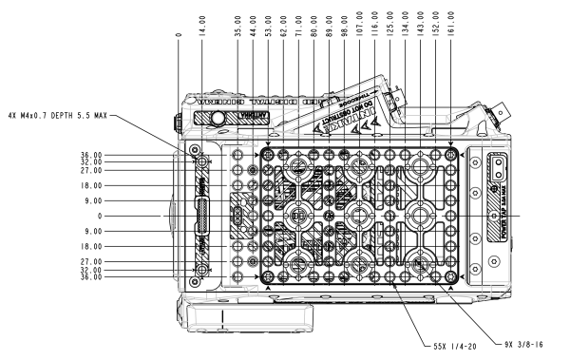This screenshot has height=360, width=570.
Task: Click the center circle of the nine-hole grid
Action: coord(359,216)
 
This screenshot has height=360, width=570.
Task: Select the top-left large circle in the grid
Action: coord(298,167)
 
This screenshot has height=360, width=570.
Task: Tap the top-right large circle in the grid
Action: coord(419,167)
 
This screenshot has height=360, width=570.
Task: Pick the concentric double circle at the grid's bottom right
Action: coord(419,263)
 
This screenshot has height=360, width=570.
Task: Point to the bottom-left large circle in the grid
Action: coord(298,263)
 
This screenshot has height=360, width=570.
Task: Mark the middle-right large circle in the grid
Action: coord(419,216)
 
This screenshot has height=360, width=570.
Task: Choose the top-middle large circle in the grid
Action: coord(359,167)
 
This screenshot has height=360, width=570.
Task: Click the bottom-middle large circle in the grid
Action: coord(359,263)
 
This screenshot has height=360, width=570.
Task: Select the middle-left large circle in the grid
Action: coord(298,216)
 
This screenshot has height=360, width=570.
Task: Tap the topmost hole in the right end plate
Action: coord(475,161)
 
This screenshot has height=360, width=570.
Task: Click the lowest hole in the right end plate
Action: coord(475,270)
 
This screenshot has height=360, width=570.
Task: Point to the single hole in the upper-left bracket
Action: coord(218,117)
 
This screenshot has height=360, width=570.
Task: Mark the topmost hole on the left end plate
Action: coord(195,149)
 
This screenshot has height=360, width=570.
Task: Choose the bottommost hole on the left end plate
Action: coord(195,282)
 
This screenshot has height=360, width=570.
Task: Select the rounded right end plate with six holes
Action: coord(484,216)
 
